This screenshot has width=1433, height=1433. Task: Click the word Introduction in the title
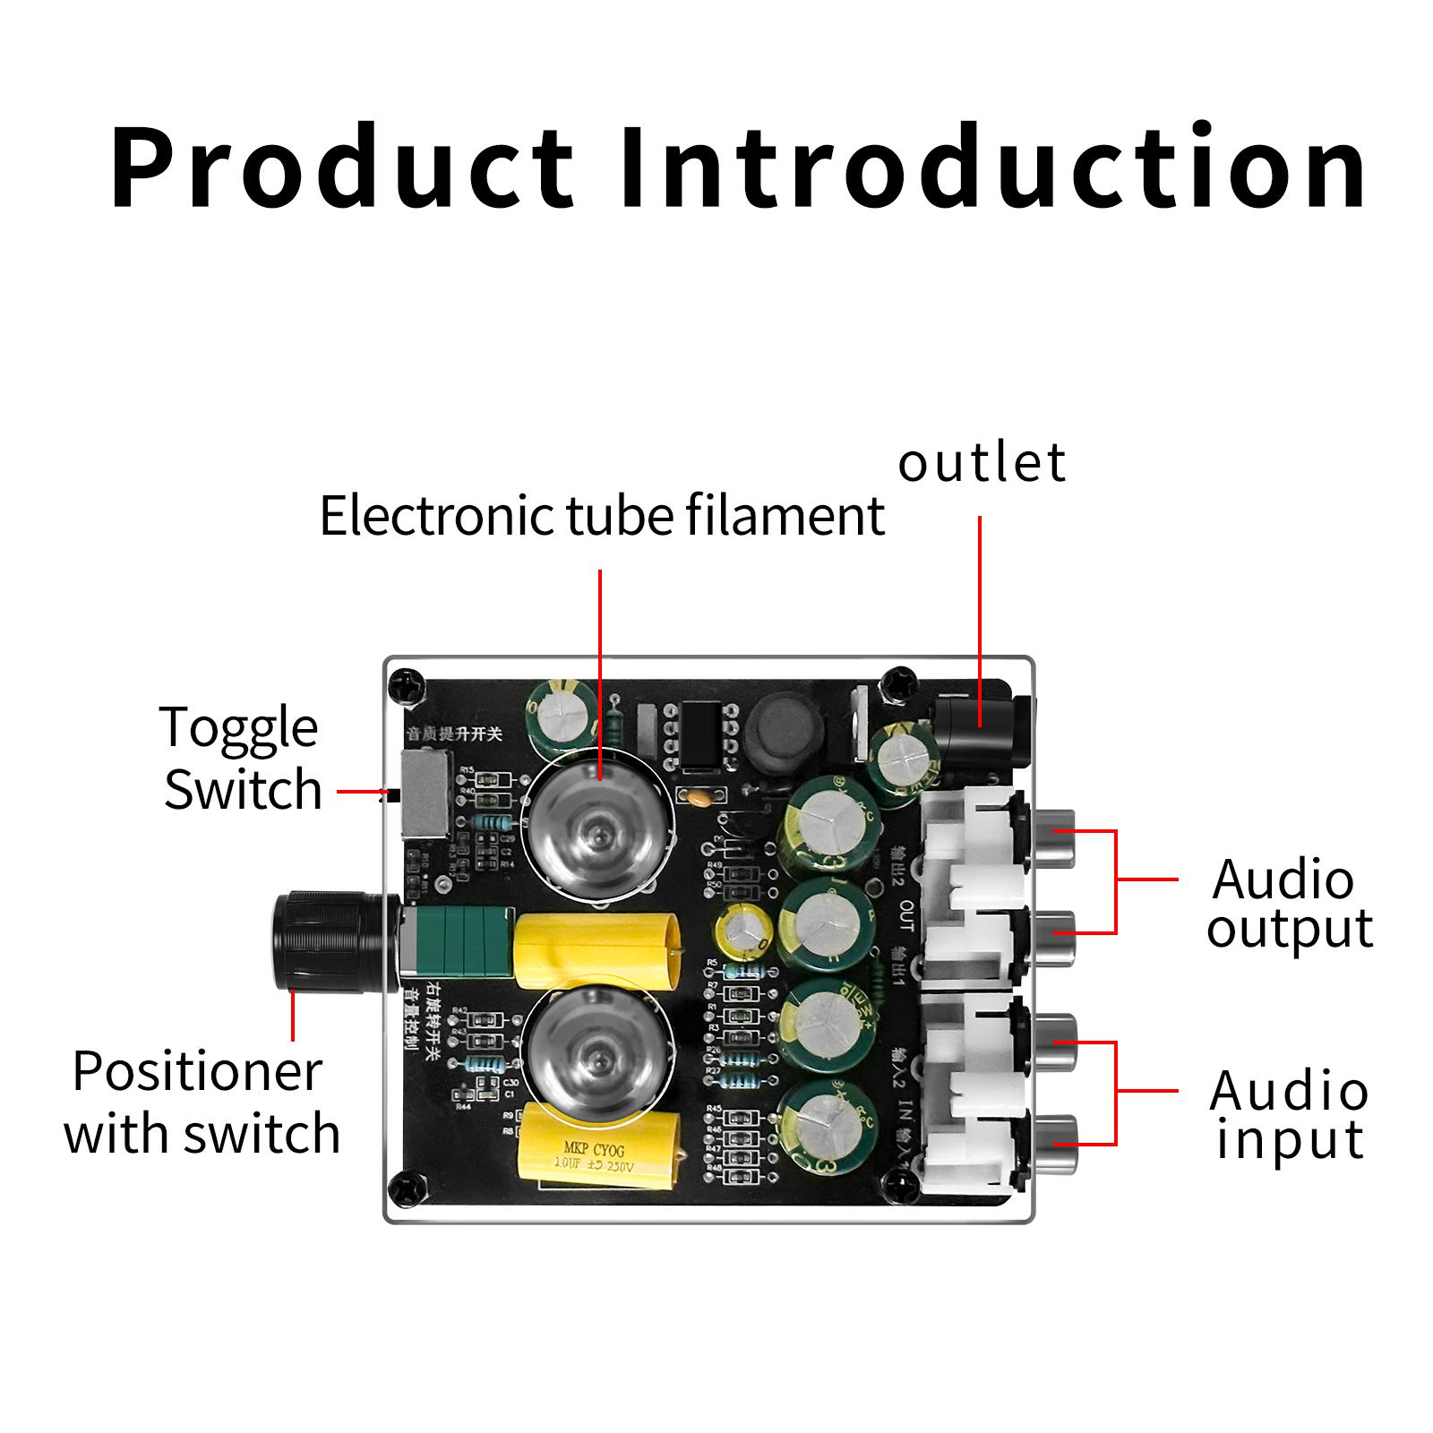pyautogui.click(x=991, y=167)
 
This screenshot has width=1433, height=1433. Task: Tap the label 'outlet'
pyautogui.click(x=982, y=463)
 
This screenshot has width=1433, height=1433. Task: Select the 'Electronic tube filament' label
pyautogui.click(x=602, y=517)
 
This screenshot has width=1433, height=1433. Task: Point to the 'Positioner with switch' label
pyautogui.click(x=202, y=1103)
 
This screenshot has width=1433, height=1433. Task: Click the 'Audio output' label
pyautogui.click(x=1288, y=905)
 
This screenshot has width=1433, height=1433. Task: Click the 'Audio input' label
pyautogui.click(x=1288, y=1115)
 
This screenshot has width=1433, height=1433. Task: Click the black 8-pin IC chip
pyautogui.click(x=699, y=737)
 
